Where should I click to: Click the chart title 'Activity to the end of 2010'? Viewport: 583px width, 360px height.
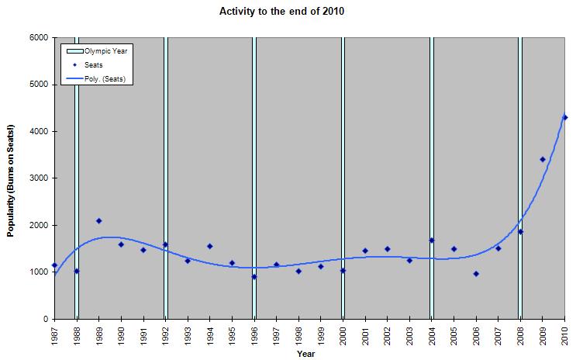[x=291, y=13]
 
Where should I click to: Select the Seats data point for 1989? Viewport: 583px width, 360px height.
[x=99, y=221]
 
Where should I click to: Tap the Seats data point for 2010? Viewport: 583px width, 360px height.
[x=565, y=118]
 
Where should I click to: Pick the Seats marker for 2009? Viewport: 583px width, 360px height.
[x=543, y=160]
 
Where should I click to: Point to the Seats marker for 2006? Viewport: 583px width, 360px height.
[x=476, y=274]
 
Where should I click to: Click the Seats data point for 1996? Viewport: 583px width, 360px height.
[x=254, y=277]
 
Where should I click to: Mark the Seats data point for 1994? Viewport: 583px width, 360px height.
[x=209, y=246]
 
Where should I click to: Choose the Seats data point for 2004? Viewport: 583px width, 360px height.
[x=432, y=241]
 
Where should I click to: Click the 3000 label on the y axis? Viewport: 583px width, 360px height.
[x=38, y=178]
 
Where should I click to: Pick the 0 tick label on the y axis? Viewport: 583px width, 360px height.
[x=45, y=319]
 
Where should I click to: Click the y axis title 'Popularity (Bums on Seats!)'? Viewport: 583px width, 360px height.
[x=12, y=178]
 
